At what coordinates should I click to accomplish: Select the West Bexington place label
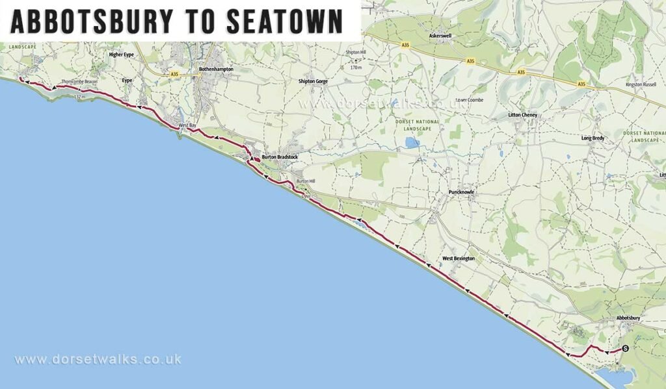point(459,258)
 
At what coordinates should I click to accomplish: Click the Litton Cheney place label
point(524,115)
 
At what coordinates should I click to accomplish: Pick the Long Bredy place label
point(593,138)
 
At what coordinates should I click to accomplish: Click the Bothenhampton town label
point(216,69)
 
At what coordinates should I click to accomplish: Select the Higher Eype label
point(122,55)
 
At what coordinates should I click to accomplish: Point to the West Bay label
point(187,125)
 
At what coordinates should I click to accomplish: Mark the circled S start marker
point(625,349)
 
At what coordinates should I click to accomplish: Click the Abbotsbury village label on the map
point(629,318)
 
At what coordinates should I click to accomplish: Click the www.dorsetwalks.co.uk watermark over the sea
point(98,359)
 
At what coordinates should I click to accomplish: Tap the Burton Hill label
point(305,181)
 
